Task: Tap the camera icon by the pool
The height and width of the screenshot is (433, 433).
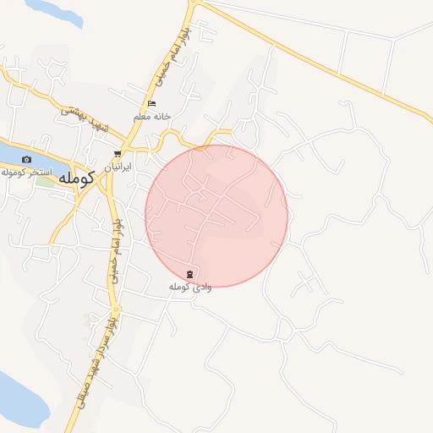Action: click(26, 159)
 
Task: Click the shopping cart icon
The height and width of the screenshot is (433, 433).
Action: click(117, 154)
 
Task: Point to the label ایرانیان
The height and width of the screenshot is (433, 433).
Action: click(118, 167)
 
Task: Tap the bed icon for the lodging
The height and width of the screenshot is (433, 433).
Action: click(151, 104)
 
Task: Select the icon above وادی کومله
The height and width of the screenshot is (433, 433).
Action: click(189, 274)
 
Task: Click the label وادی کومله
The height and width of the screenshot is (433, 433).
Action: click(189, 288)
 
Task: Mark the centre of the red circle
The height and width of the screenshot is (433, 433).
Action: click(216, 216)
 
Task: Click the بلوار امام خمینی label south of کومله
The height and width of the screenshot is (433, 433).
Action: click(112, 254)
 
